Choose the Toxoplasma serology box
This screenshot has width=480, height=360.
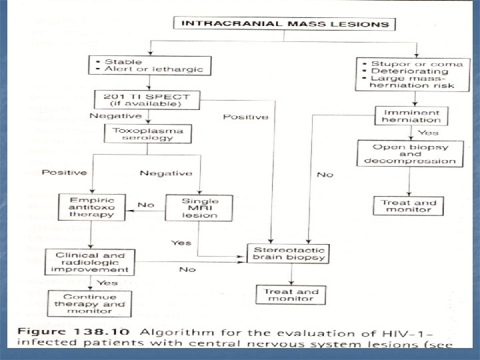148,135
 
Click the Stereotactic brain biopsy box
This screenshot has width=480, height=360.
286,252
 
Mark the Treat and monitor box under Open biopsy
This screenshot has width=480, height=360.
408,207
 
